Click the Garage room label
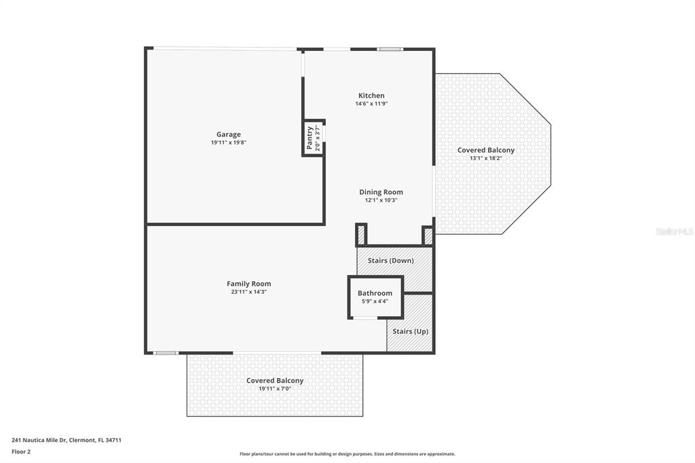(229, 134)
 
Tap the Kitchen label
(371, 95)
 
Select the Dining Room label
(381, 192)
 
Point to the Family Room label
(248, 284)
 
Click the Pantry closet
(314, 138)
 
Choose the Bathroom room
(375, 297)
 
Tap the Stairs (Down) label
(391, 260)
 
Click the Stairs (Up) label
(411, 331)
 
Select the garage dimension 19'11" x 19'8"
(229, 143)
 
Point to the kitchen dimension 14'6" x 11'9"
(371, 104)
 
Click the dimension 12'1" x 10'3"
(381, 200)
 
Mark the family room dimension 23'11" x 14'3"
(248, 292)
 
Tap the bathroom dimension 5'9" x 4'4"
(375, 301)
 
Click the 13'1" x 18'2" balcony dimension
(486, 158)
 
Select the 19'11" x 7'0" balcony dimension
(275, 389)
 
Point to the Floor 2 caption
(21, 452)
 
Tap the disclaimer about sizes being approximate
(347, 454)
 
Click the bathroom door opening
(365, 318)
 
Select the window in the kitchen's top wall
(390, 50)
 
